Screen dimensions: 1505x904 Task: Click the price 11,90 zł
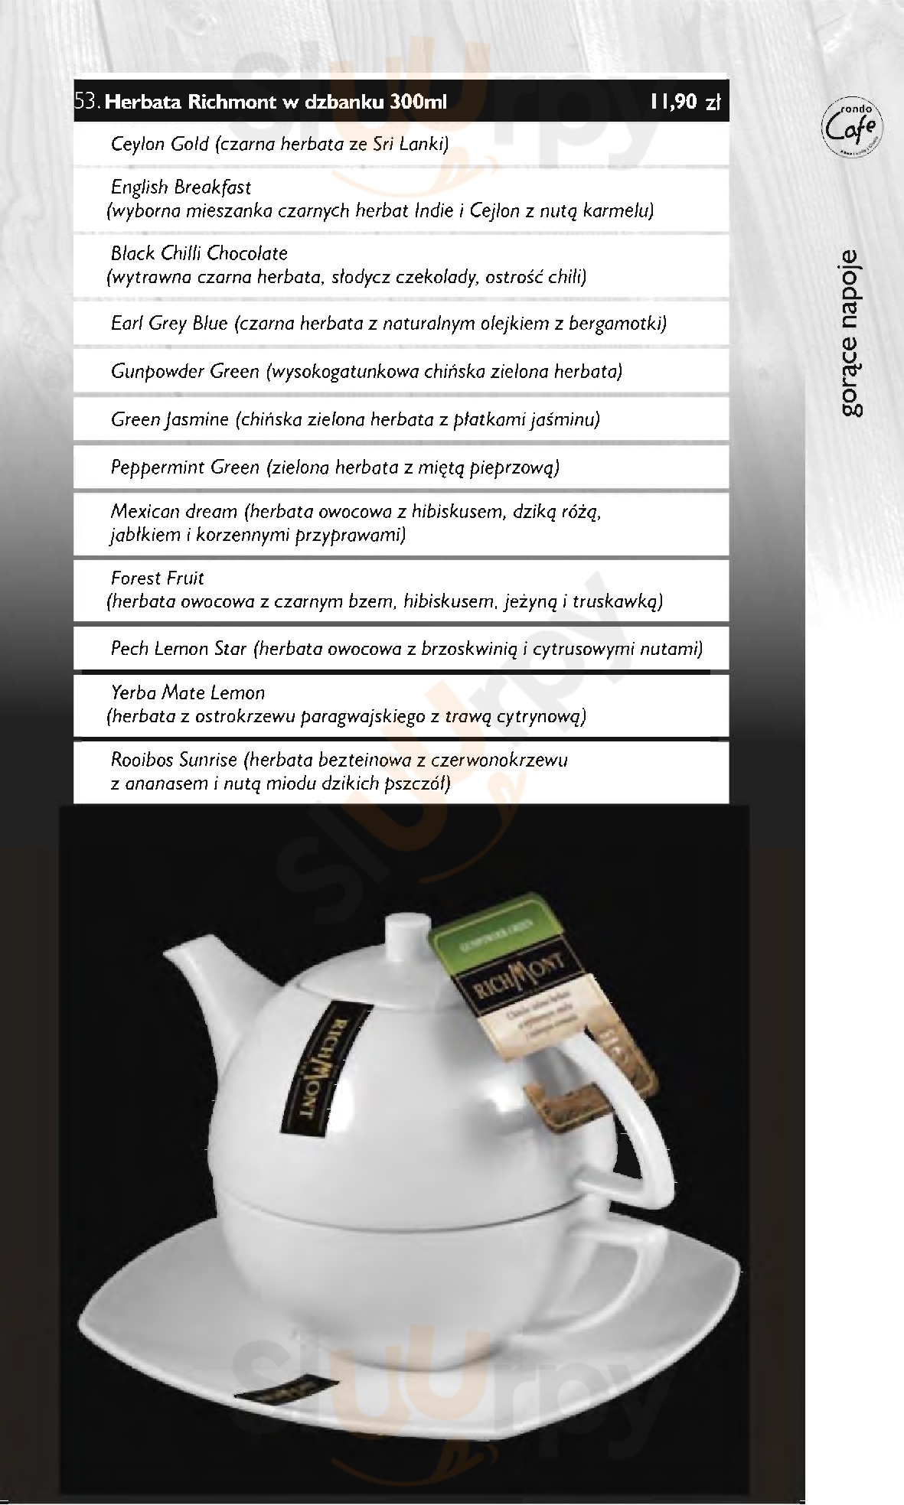coord(686,102)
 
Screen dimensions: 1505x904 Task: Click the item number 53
coord(87,102)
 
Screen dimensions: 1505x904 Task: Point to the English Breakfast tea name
coord(181,187)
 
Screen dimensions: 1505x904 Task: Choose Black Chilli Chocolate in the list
coord(199,253)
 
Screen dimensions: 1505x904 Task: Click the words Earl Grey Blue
coord(169,324)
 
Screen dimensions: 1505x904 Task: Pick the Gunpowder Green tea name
coord(185,372)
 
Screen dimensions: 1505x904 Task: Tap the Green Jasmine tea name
coord(169,419)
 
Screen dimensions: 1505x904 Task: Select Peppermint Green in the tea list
coord(185,467)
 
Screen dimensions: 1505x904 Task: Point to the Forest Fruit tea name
coord(158,578)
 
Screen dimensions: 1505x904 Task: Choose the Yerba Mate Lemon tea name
coord(188,693)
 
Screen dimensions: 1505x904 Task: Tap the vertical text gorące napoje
coord(851,333)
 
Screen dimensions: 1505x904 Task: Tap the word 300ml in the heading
coord(417,102)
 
